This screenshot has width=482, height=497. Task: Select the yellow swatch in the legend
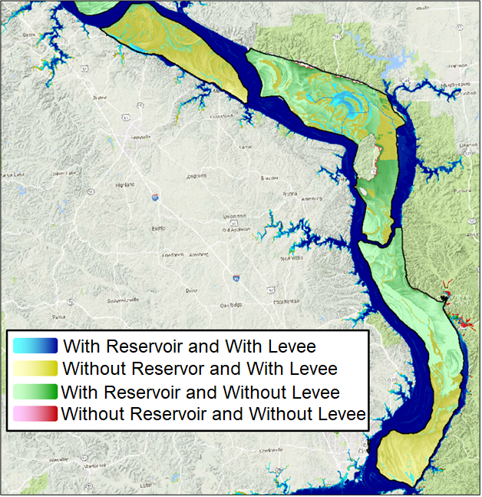coord(36,369)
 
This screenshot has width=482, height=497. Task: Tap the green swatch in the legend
coord(36,392)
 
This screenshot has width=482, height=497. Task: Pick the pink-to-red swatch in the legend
coord(36,416)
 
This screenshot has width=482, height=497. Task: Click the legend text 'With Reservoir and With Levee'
coord(190,346)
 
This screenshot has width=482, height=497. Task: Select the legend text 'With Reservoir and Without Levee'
coord(201,393)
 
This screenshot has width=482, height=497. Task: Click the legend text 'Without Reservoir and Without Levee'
coord(213,416)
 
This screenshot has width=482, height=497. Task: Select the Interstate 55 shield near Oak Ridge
coord(236,278)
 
